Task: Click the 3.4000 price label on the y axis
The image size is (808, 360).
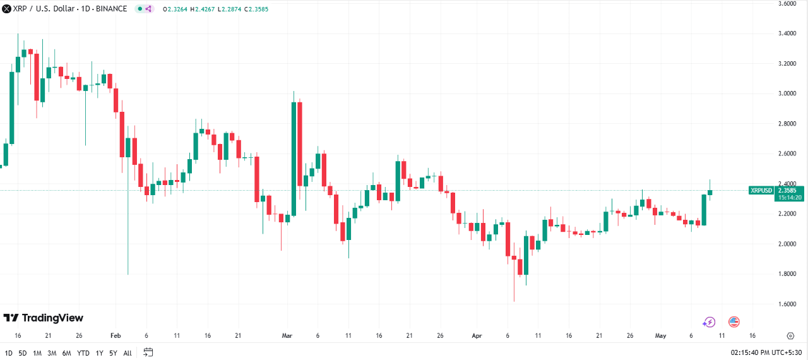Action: pyautogui.click(x=787, y=33)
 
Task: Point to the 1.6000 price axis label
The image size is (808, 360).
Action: pyautogui.click(x=787, y=304)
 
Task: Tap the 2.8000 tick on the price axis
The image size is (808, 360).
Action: pyautogui.click(x=787, y=124)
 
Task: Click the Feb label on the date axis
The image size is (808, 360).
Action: pyautogui.click(x=115, y=336)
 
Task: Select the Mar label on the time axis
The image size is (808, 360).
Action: pyautogui.click(x=287, y=336)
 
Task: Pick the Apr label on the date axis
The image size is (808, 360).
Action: pyautogui.click(x=477, y=336)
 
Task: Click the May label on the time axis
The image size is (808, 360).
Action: pyautogui.click(x=660, y=336)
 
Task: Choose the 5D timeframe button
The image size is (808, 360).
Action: pyautogui.click(x=23, y=352)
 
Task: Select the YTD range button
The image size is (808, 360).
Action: pyautogui.click(x=83, y=352)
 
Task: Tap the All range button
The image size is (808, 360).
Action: pyautogui.click(x=128, y=352)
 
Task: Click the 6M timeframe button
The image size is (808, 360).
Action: pyautogui.click(x=66, y=352)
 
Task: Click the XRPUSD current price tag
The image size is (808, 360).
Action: pyautogui.click(x=761, y=190)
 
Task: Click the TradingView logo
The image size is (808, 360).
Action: pyautogui.click(x=43, y=318)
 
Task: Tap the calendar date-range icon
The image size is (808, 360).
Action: pyautogui.click(x=148, y=352)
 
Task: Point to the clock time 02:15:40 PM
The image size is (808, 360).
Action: pyautogui.click(x=750, y=352)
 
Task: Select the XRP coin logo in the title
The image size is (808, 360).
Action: pyautogui.click(x=6, y=9)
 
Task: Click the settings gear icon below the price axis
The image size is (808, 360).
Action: pyautogui.click(x=790, y=336)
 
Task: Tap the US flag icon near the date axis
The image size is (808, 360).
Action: pyautogui.click(x=734, y=322)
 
